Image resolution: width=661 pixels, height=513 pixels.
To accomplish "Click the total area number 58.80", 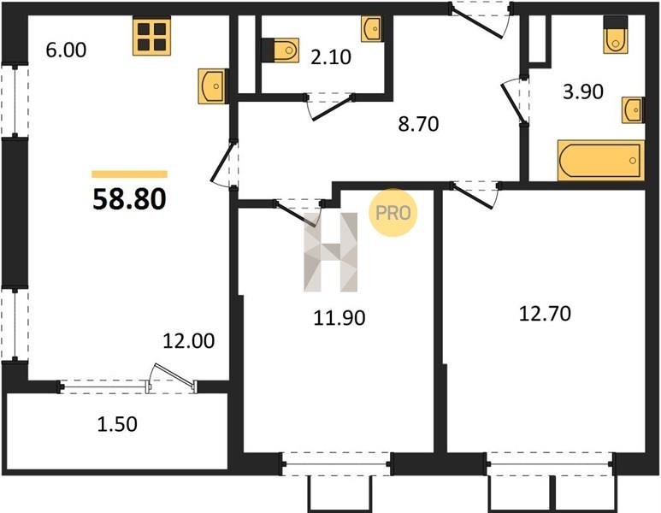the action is [x=129, y=199].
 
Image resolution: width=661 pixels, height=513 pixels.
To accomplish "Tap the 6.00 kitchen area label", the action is [x=66, y=50].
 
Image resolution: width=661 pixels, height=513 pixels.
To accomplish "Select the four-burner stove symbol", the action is [x=151, y=36].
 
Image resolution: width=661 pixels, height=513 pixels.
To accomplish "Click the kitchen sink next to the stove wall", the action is [x=213, y=86].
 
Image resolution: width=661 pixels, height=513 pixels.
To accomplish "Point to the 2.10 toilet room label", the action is [x=331, y=57].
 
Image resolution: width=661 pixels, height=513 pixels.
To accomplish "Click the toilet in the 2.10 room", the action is [x=280, y=50].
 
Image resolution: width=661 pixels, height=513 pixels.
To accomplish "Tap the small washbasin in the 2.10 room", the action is [x=371, y=29].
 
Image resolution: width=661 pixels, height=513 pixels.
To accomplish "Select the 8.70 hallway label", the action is [x=419, y=124].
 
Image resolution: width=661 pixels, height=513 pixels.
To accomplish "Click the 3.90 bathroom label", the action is [x=583, y=91].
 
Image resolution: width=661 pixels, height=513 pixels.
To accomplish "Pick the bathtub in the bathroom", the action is [x=601, y=161].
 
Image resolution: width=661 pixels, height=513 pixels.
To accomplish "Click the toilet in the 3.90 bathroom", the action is [x=616, y=35].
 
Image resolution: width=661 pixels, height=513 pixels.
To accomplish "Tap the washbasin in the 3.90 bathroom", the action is [x=633, y=110].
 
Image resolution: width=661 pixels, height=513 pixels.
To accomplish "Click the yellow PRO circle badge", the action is [x=392, y=212].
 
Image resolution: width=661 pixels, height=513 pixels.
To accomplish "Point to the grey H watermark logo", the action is [x=331, y=252].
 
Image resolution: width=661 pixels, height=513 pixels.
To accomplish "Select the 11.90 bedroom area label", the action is [x=339, y=317].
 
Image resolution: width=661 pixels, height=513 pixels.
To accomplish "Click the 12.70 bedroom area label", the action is [x=545, y=314].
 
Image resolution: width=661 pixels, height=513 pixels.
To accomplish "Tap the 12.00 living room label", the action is [x=189, y=340].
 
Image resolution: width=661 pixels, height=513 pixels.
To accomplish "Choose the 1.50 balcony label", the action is [x=117, y=424].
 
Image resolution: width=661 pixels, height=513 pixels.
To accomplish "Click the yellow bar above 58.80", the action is [x=129, y=174].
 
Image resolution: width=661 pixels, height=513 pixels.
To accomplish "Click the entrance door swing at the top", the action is [x=481, y=21].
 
